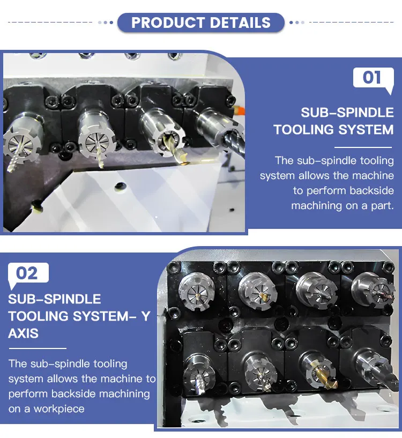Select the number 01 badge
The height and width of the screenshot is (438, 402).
pyautogui.click(x=371, y=77)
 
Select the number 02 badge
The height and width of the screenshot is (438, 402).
pyautogui.click(x=27, y=273)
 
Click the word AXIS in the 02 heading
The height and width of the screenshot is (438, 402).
pyautogui.click(x=23, y=333)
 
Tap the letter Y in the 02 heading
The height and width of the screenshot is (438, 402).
pyautogui.click(x=145, y=316)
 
